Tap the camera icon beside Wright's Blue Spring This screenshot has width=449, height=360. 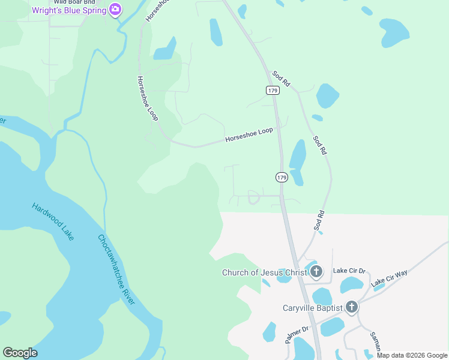pos(115,10)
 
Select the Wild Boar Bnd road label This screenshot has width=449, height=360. pos(74,2)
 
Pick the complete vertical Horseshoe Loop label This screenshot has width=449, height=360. pos(147,99)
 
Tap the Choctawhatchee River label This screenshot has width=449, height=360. pos(116,268)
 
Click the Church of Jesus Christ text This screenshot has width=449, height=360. pos(265,273)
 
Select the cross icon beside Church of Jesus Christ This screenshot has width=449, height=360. pos(316,272)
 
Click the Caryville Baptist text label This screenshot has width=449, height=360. pos(312,308)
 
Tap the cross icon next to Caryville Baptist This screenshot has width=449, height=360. pos(352,308)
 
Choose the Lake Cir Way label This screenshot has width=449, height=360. pos(389,278)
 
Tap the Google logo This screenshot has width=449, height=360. pos(20,353)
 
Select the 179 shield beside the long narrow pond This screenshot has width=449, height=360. pos(282,178)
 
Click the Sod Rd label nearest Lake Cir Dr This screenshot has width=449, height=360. pos(319,220)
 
